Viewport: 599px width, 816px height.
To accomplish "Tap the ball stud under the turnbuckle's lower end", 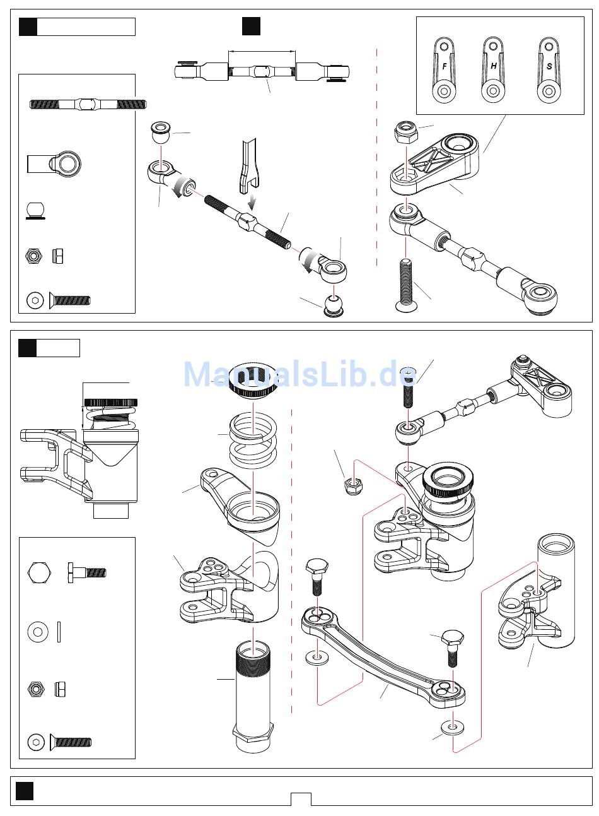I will coord(334,304).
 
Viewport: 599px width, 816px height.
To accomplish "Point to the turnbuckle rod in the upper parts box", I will coord(88,103).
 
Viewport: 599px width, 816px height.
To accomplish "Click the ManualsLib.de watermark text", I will coord(299,374).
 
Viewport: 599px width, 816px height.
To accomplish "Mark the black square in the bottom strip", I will coord(25,791).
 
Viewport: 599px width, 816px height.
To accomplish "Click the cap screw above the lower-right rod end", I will coord(409,389).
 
